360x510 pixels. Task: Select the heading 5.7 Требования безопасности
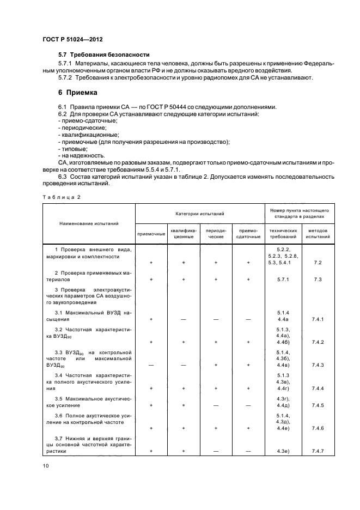point(103,55)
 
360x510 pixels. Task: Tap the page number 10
point(46,465)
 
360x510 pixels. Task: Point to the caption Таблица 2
point(62,197)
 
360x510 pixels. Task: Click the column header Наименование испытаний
point(90,223)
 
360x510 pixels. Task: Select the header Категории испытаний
point(199,215)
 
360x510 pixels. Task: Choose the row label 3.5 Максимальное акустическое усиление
point(90,402)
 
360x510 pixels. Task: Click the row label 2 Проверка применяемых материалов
point(90,275)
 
